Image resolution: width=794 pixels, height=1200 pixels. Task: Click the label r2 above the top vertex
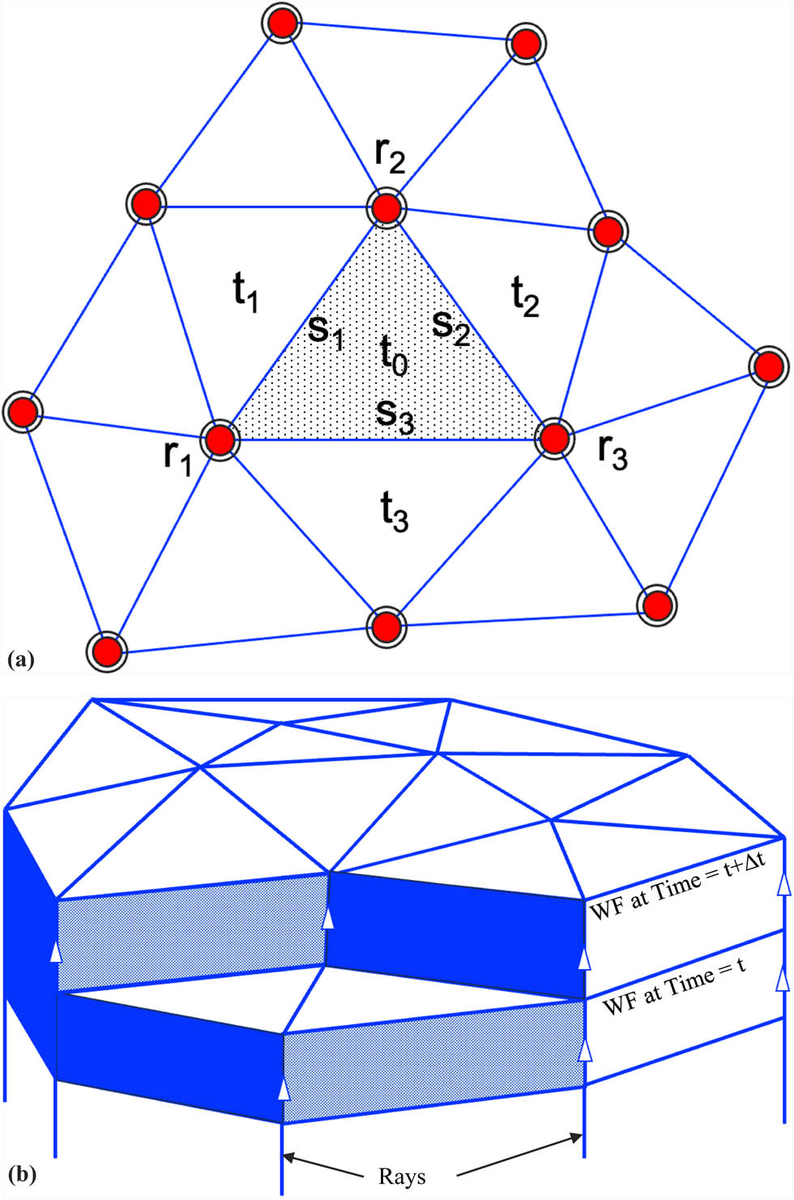(x=390, y=156)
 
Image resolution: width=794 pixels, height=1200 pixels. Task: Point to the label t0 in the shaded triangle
(x=395, y=355)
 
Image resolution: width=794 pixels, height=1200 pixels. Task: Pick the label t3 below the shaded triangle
(x=395, y=511)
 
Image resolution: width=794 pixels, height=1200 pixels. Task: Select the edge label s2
(x=451, y=326)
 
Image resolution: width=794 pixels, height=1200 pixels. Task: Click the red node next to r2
(x=387, y=208)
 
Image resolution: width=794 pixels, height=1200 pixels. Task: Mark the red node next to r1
(x=220, y=440)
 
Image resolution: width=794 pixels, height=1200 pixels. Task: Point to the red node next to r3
(x=555, y=438)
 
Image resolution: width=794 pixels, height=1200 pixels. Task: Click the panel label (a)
(x=20, y=660)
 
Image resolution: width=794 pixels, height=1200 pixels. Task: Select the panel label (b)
(x=21, y=1172)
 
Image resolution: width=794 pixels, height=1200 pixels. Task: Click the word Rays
(x=402, y=1176)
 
